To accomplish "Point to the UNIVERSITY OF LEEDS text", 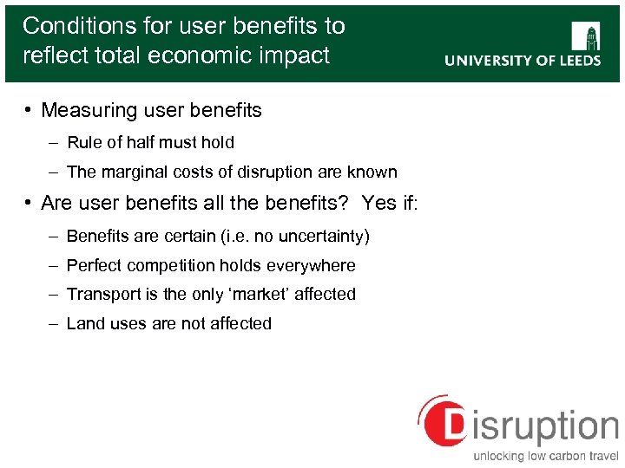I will (523, 61).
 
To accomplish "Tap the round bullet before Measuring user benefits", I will (29, 110).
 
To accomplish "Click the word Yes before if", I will (379, 204).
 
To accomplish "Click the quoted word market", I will (262, 294).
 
